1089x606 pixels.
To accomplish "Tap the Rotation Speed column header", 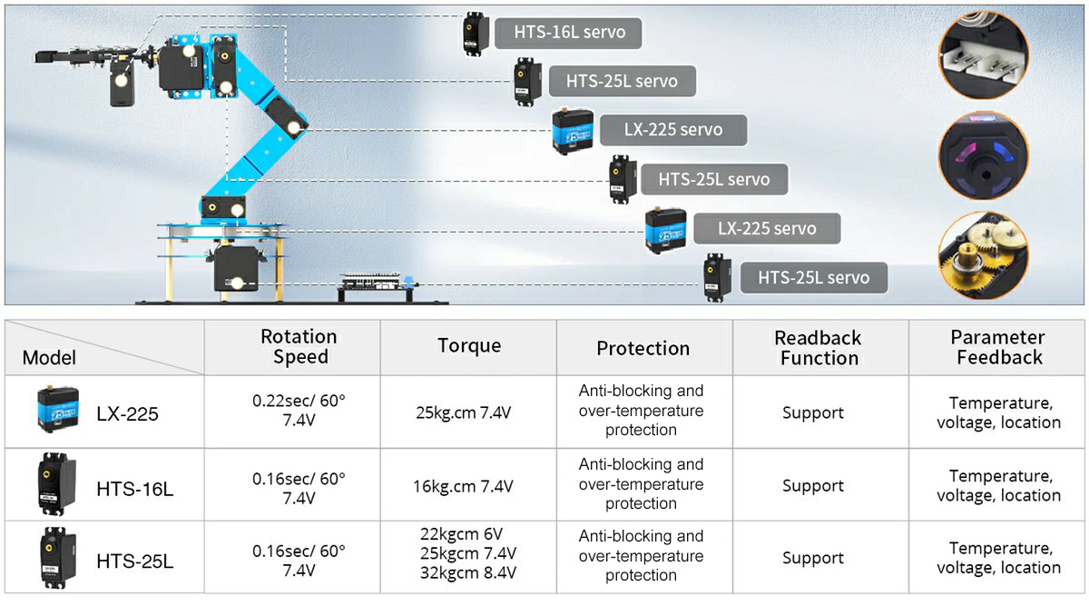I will (x=299, y=347).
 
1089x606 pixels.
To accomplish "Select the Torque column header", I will (x=468, y=345).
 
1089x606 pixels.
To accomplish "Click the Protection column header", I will (x=643, y=348).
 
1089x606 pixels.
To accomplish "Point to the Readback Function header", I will (x=819, y=348).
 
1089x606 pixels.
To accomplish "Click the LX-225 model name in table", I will (x=127, y=414).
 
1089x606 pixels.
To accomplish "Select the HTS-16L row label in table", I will (x=134, y=489).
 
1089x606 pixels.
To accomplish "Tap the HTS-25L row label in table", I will (x=134, y=561).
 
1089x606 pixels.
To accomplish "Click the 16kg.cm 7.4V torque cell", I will (x=463, y=486).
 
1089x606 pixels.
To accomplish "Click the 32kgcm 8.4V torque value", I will (x=468, y=572).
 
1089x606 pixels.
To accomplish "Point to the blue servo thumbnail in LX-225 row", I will (x=56, y=412).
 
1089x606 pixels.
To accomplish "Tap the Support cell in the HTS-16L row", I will (x=812, y=486).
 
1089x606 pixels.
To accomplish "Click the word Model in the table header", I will (x=49, y=357).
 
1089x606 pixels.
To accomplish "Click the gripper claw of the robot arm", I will (x=64, y=56).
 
